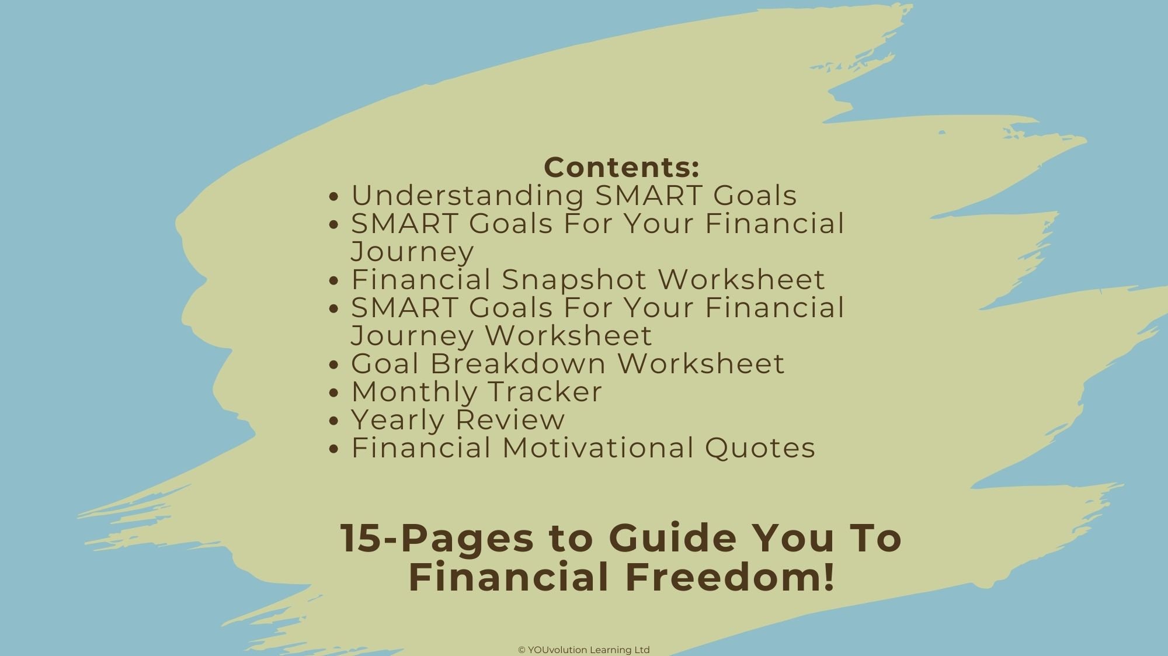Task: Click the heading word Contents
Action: [x=620, y=168]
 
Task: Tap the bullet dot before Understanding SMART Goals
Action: [x=334, y=197]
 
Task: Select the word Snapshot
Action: [x=574, y=280]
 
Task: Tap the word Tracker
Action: [x=544, y=391]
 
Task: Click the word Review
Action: [x=510, y=419]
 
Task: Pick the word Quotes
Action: [x=760, y=448]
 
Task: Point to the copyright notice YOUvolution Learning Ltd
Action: [x=584, y=650]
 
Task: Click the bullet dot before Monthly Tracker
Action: [x=334, y=393]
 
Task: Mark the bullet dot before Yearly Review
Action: [x=334, y=421]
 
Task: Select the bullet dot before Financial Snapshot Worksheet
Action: [x=334, y=281]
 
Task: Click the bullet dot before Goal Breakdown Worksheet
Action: [x=334, y=365]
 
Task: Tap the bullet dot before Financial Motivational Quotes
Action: [x=334, y=449]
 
